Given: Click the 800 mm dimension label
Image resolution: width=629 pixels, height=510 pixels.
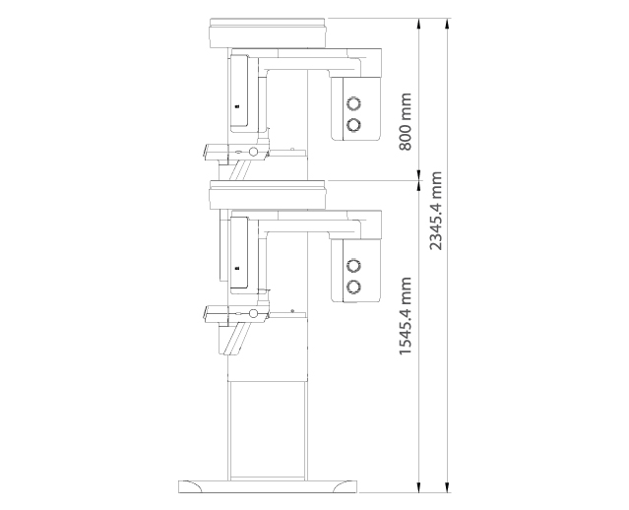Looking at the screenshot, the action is point(406,121).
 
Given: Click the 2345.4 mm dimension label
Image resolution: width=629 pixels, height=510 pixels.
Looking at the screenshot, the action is point(435,211).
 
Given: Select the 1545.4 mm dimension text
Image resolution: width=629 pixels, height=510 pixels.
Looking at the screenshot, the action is point(406,315).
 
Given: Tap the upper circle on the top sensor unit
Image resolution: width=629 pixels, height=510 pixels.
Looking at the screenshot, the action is point(353,103).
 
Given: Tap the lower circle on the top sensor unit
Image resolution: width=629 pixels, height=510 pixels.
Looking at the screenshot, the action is point(353,125).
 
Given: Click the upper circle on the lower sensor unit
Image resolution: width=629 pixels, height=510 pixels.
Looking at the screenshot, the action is point(353,265).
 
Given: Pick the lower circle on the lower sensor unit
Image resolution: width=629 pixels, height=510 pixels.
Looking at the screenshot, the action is point(353,287).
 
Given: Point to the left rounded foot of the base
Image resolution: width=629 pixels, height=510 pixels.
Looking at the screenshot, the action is point(190,486).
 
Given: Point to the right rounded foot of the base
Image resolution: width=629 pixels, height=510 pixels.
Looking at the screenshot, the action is point(345,486).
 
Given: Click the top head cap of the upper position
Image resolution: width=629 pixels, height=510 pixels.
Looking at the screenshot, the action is point(267,32).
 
